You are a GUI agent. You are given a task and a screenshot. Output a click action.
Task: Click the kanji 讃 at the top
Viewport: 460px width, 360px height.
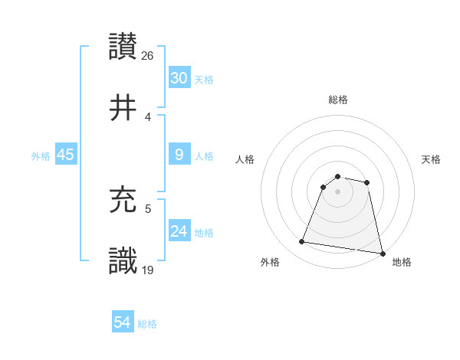123,46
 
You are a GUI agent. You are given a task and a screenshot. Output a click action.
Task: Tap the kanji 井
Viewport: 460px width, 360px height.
123,108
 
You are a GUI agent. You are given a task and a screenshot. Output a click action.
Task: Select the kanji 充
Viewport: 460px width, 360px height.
123,198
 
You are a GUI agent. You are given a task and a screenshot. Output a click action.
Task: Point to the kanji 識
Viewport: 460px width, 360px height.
123,260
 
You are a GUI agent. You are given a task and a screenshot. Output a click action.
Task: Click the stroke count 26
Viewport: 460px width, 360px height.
148,55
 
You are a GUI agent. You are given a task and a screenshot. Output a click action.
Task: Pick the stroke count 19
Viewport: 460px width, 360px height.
148,270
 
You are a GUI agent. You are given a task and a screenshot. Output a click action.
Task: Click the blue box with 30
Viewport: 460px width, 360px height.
179,78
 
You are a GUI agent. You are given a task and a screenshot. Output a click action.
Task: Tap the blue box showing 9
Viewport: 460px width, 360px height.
179,155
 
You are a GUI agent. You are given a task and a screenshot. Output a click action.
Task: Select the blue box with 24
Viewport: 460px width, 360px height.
179,231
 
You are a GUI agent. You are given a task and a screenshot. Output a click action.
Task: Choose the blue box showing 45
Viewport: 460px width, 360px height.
65,155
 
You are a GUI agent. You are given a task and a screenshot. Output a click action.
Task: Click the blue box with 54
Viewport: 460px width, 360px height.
122,322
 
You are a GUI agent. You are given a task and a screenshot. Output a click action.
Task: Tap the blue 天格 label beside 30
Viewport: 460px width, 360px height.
204,79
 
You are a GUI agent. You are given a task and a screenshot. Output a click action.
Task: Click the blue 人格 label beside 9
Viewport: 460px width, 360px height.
204,155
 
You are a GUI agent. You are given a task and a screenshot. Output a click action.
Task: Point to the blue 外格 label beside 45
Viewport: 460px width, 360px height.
41,155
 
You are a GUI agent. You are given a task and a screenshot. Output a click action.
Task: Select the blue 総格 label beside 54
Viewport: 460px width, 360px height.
147,323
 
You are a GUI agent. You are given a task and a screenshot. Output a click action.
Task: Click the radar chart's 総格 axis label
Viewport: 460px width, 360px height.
338,100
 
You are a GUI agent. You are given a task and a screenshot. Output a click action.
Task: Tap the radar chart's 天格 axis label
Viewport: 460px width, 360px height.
432,159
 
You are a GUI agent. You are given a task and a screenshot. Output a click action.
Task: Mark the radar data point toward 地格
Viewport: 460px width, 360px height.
381,253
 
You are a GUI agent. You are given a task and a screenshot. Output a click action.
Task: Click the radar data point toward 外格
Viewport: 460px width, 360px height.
302,242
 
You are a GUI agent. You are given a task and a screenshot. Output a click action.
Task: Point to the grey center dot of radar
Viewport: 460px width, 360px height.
338,191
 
